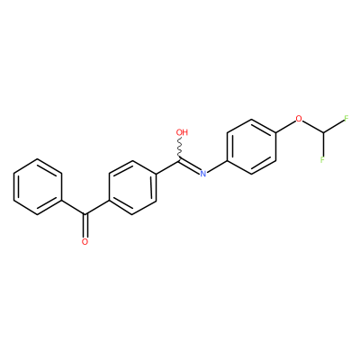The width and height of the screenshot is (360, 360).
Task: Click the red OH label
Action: [x=182, y=132]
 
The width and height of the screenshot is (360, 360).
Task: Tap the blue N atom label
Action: [x=203, y=174]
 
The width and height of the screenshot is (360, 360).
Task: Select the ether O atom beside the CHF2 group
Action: [x=299, y=119]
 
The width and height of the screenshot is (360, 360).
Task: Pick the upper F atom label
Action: [x=346, y=119]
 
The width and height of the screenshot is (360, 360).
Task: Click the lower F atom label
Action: [x=322, y=159]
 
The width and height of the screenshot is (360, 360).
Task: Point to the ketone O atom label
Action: [x=85, y=241]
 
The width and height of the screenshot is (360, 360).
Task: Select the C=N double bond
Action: [x=190, y=166]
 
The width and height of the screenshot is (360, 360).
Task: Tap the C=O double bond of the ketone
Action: [x=85, y=226]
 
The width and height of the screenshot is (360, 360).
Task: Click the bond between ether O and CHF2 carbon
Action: [x=313, y=127]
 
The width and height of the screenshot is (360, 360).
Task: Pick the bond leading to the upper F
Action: [x=333, y=126]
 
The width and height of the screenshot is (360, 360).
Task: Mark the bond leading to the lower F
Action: [x=322, y=144]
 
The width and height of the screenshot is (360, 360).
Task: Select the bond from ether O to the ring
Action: [x=285, y=126]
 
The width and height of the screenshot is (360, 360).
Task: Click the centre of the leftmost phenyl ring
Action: [x=38, y=187]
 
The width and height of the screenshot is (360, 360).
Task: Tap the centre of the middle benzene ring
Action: [x=132, y=187]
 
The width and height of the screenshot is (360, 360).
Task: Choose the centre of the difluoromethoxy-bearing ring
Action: [x=251, y=146]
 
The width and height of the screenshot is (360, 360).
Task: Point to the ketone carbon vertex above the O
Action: [x=85, y=214]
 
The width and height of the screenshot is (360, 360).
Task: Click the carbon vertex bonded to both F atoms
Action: [x=323, y=132]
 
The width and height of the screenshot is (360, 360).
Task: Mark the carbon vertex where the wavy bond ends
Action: [x=180, y=159]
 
